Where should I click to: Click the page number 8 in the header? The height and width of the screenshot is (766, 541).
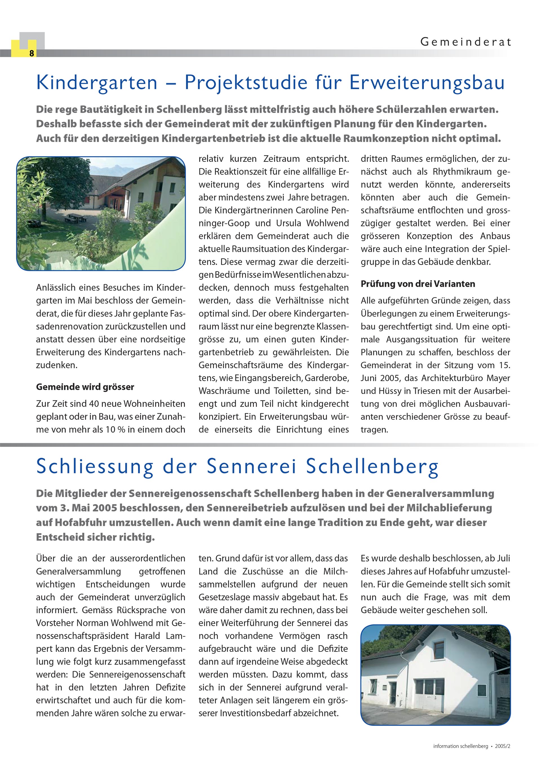[x=31, y=53]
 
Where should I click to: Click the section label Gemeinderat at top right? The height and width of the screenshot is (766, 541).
[x=465, y=42]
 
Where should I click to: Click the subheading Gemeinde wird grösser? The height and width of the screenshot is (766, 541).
[x=85, y=387]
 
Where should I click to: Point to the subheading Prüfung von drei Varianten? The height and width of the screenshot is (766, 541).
[x=418, y=284]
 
